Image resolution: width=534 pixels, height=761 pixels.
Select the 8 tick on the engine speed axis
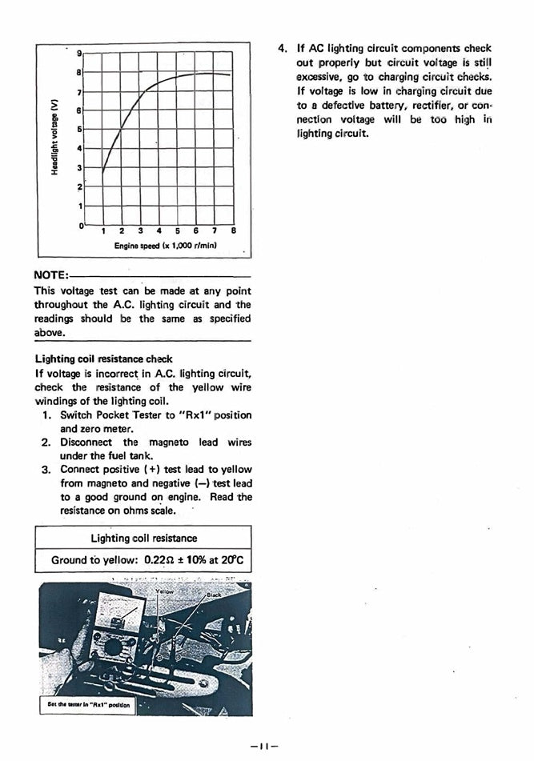(233, 231)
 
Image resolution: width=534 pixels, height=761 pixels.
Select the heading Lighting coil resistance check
(103, 359)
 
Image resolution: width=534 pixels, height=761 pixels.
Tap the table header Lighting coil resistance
(143, 538)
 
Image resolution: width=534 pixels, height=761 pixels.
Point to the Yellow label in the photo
(164, 591)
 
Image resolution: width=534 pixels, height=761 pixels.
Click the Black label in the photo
(214, 596)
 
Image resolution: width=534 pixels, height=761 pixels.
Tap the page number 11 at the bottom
(263, 746)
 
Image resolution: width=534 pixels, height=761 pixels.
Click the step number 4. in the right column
(282, 48)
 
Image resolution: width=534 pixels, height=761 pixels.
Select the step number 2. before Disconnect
(46, 442)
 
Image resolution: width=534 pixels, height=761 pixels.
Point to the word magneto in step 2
(168, 442)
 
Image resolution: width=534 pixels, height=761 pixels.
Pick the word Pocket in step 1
(117, 415)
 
